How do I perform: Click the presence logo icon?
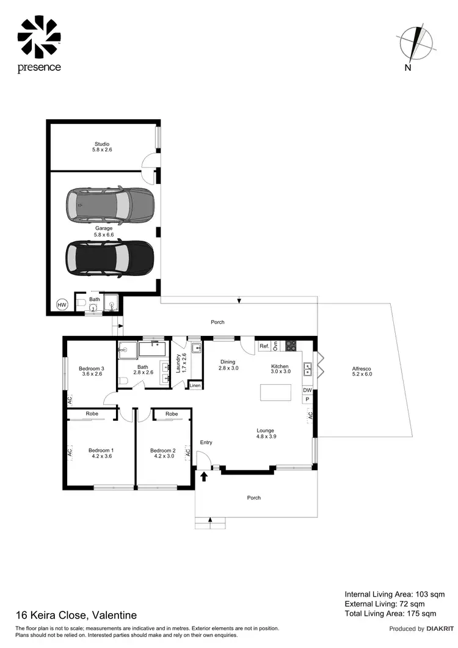click(x=39, y=37)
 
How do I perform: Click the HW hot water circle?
click(x=62, y=304)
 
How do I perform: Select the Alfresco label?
click(x=362, y=369)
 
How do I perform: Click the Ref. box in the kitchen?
click(x=264, y=346)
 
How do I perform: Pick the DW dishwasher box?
click(x=308, y=390)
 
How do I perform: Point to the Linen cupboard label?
click(x=195, y=386)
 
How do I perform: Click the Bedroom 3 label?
click(x=91, y=368)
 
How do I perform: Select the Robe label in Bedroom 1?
click(x=92, y=413)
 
